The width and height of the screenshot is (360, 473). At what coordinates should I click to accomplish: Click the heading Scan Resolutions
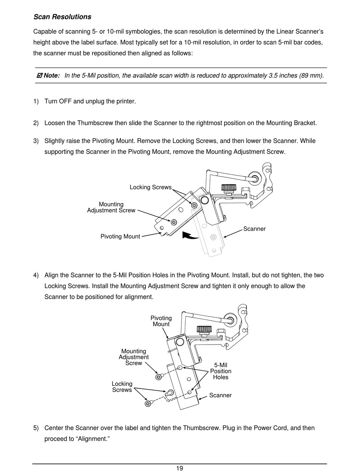(62, 17)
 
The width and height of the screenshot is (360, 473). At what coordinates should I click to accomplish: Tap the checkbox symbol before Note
(39, 75)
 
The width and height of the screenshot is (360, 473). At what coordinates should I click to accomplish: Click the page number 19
(180, 468)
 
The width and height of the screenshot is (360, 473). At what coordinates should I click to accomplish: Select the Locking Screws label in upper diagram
(150, 187)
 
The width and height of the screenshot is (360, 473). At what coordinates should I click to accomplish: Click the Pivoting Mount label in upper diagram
(120, 236)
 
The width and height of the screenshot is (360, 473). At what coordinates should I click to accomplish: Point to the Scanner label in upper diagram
(254, 229)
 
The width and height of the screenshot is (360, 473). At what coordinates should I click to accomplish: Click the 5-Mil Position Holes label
(221, 371)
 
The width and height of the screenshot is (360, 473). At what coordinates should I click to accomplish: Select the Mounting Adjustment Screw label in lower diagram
(133, 357)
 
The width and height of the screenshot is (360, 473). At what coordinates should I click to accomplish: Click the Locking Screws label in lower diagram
(122, 387)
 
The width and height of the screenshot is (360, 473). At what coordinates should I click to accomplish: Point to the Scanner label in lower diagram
(220, 395)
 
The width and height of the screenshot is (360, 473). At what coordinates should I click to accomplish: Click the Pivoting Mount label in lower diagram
(161, 321)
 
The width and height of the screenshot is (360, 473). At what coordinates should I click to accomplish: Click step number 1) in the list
(36, 101)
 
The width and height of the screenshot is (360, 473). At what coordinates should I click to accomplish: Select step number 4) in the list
(36, 275)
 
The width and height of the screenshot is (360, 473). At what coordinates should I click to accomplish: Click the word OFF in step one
(65, 101)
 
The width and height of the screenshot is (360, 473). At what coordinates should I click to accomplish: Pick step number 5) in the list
(36, 428)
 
